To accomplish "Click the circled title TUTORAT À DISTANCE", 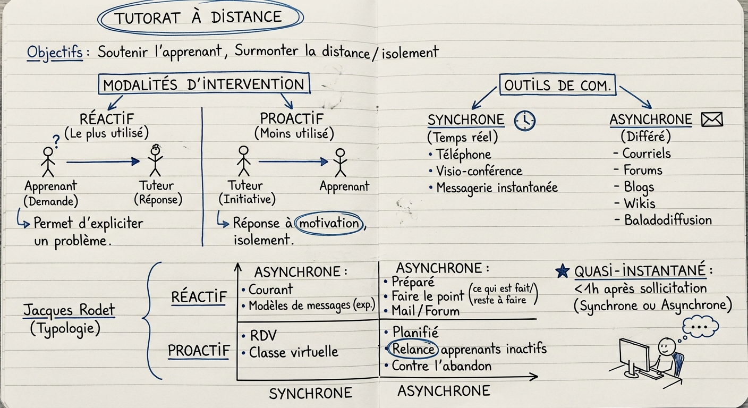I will coord(200,17).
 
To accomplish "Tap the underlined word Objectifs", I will coord(55,53).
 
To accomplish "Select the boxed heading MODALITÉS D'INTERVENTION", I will coord(203,84).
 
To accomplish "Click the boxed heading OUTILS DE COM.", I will coord(557,84).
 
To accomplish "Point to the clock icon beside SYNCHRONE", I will coord(525,120).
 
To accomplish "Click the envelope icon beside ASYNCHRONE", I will coord(712,120).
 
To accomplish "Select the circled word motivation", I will coord(329,223).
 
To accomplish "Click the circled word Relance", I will coord(412,349).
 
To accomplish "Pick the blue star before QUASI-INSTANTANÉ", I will coord(562,271).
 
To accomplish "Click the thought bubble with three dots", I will coord(700,326).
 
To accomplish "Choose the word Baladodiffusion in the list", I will coord(668,220).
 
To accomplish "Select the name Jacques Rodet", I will coord(69,310).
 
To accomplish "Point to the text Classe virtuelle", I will coord(293,352).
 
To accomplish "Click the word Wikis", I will coord(639,203).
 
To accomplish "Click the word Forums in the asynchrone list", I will coord(642,171).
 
